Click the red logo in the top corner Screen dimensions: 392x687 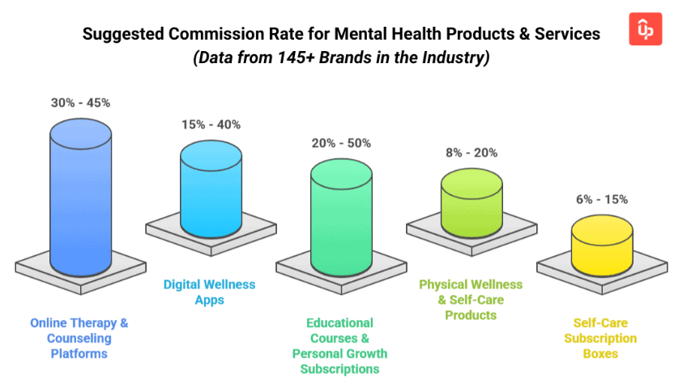(x=645, y=30)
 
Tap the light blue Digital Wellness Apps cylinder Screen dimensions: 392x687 (x=211, y=186)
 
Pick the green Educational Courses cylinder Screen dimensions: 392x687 (x=341, y=215)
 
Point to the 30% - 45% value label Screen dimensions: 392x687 (x=80, y=103)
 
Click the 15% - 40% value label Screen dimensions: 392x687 (x=211, y=125)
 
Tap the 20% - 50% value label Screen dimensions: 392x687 (x=341, y=143)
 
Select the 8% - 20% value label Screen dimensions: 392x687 (x=472, y=152)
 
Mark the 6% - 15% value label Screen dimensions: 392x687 (x=601, y=199)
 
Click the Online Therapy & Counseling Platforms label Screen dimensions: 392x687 (x=79, y=338)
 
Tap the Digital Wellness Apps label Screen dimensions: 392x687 (x=209, y=292)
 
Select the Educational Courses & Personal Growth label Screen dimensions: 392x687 (x=340, y=346)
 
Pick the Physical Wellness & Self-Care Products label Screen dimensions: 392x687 (x=471, y=300)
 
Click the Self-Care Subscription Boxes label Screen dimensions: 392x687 (x=600, y=338)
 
